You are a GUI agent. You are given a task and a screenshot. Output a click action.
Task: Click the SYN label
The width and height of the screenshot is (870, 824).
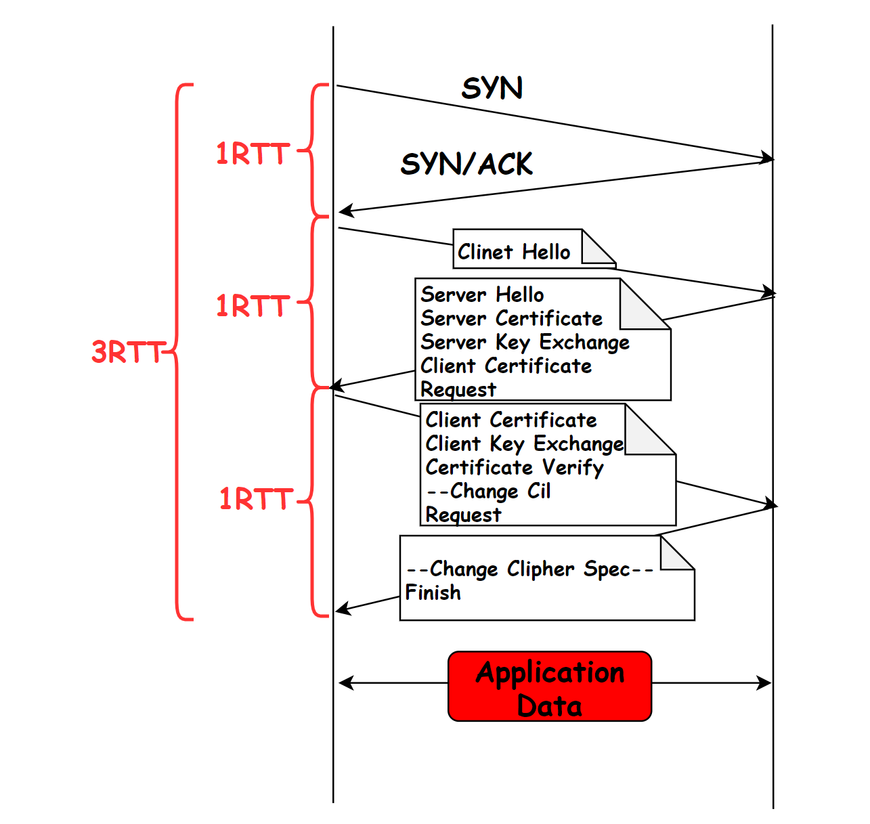(492, 87)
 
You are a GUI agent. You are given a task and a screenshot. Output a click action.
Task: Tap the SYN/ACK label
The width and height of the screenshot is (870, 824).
(466, 164)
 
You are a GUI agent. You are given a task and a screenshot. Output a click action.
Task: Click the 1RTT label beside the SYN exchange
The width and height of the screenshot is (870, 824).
(253, 154)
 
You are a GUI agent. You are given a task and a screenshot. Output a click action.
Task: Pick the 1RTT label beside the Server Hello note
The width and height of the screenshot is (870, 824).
(253, 305)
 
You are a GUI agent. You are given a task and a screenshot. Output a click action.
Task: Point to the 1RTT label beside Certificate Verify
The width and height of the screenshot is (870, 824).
(256, 499)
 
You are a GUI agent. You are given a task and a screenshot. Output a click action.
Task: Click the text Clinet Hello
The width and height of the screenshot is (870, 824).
(514, 252)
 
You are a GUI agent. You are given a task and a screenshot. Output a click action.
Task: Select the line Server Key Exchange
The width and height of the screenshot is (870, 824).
(525, 343)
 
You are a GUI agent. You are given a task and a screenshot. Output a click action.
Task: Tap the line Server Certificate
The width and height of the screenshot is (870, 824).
(511, 318)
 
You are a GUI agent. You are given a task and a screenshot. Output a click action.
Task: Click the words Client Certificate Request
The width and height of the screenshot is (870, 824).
(506, 378)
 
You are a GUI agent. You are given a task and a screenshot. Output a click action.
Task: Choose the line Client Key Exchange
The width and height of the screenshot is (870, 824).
(525, 444)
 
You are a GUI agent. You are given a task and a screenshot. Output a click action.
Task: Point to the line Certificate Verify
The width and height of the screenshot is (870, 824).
(514, 468)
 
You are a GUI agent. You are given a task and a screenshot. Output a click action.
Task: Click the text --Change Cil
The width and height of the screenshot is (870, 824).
(488, 491)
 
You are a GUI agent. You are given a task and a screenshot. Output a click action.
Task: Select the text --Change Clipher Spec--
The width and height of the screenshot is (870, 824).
(529, 569)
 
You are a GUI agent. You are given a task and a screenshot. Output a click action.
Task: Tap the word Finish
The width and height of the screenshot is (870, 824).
(433, 592)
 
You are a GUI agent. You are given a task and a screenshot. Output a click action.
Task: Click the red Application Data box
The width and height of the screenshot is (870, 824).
(550, 687)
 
